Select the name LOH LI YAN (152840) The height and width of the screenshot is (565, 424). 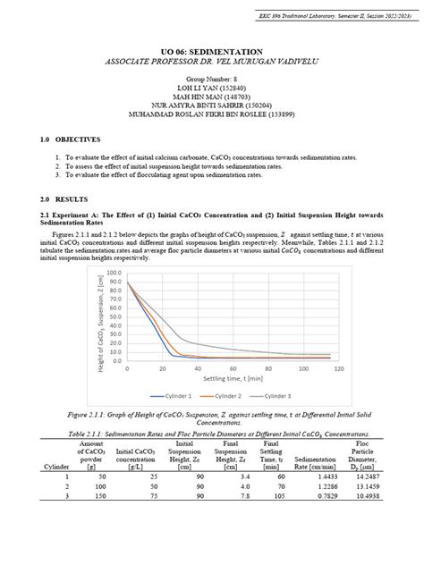pos(212,89)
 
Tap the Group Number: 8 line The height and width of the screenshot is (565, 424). pos(212,80)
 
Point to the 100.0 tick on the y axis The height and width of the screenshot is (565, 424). pos(114,273)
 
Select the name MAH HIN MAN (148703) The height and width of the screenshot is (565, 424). pos(212,97)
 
